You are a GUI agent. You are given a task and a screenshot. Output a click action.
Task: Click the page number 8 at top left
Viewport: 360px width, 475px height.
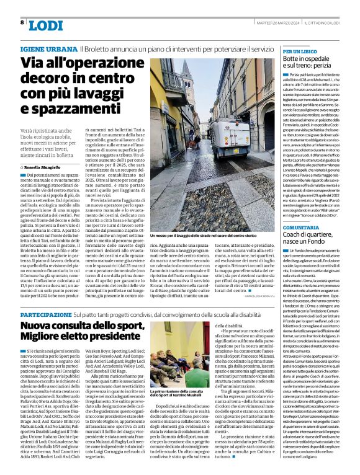tap(22, 22)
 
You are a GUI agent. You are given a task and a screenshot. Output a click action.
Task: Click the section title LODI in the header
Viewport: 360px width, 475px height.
tap(45, 25)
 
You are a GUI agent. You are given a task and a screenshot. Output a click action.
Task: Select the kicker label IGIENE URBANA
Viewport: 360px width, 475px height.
tap(48, 48)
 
